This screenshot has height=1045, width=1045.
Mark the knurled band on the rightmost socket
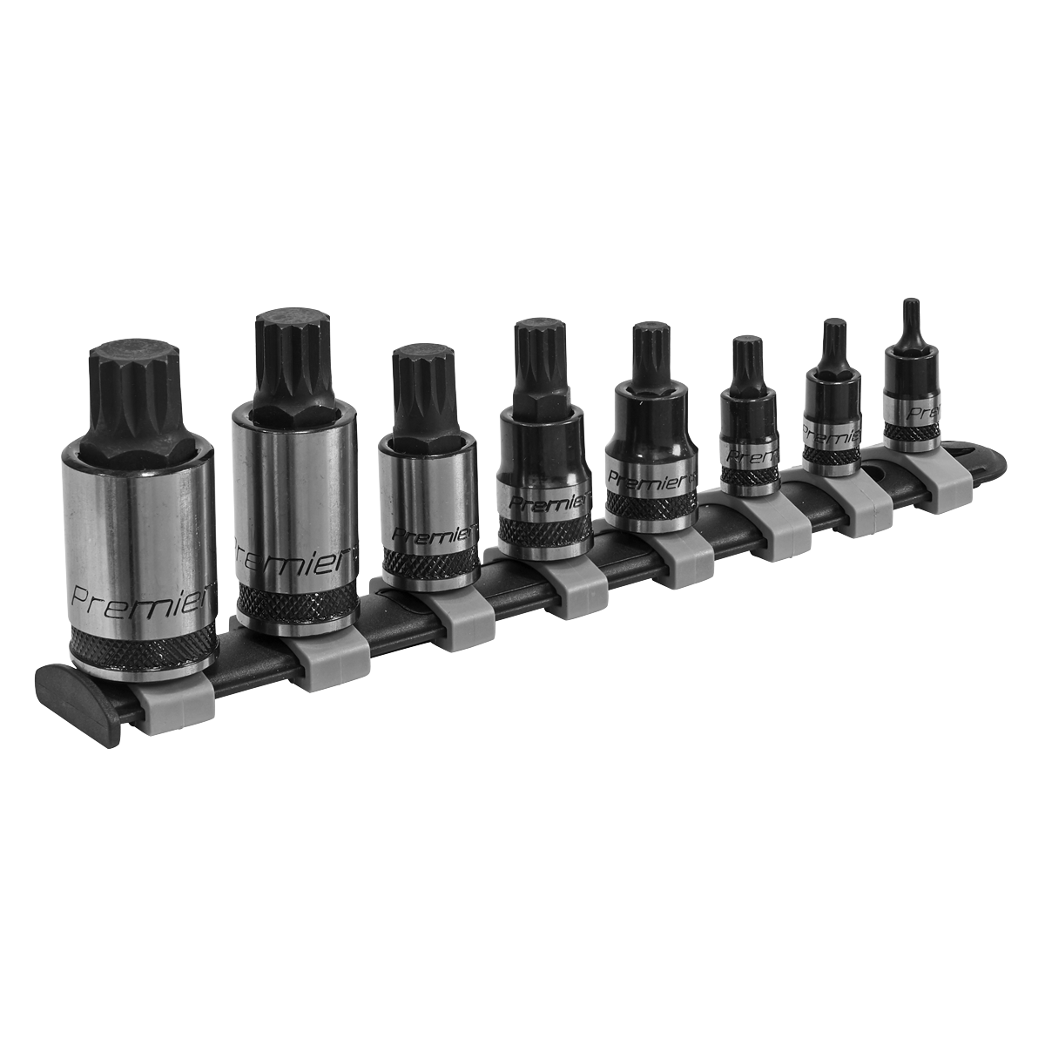coord(912,432)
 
